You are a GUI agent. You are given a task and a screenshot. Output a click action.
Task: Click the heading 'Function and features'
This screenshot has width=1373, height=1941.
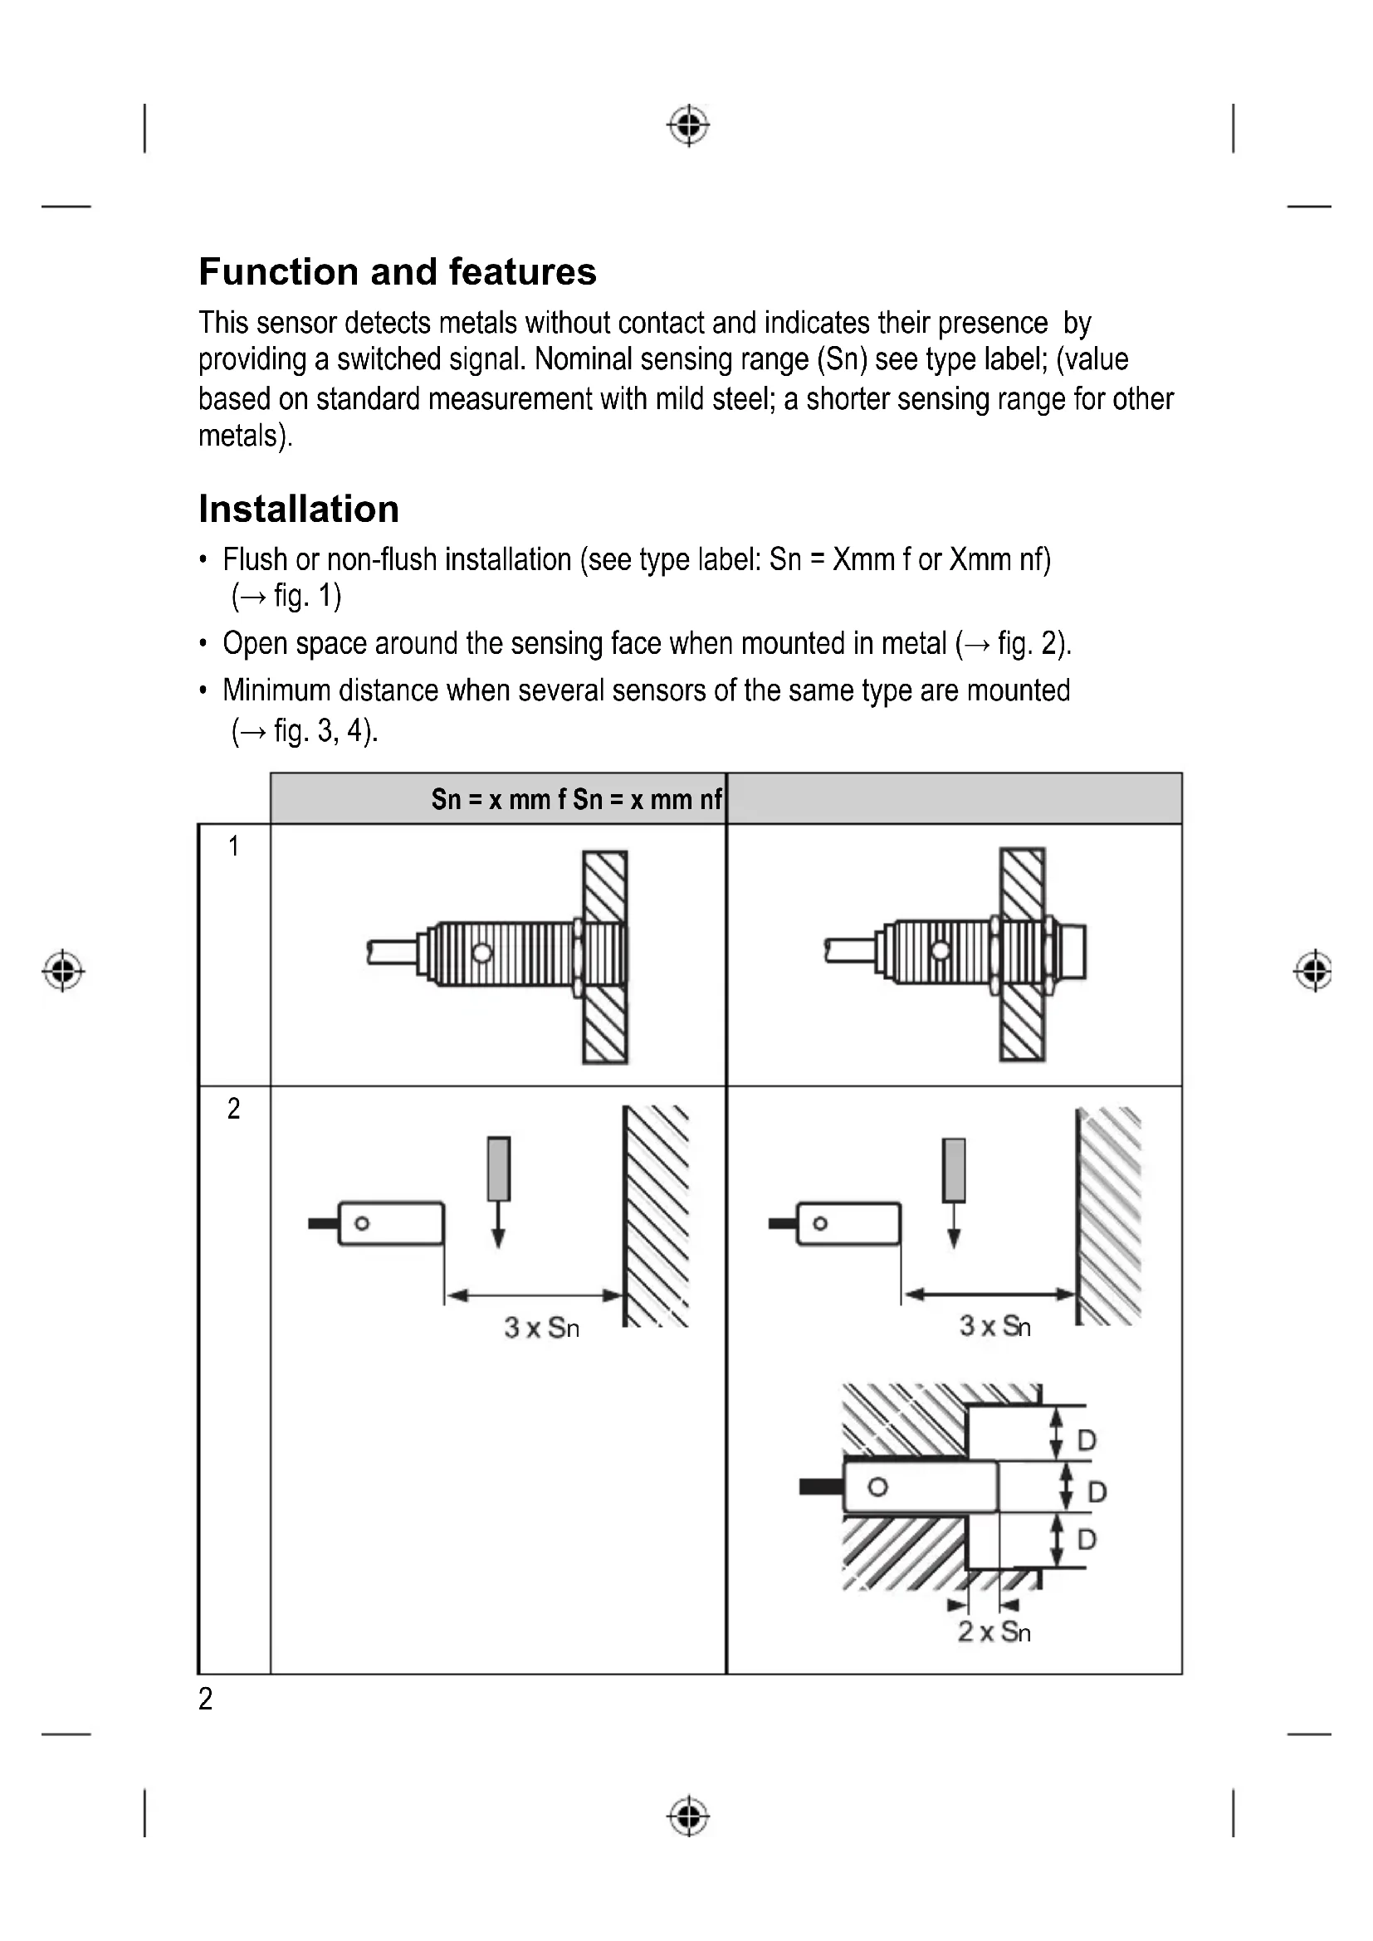398,272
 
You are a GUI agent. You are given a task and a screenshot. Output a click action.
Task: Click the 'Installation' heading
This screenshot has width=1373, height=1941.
299,510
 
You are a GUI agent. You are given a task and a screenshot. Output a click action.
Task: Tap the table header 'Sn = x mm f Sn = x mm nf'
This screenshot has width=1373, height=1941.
577,799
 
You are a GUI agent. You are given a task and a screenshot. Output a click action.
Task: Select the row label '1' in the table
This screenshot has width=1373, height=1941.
233,846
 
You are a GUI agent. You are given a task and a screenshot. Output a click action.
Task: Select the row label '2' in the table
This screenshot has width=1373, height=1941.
233,1109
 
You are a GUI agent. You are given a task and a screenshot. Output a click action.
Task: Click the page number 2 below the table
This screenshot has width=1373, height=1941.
205,1700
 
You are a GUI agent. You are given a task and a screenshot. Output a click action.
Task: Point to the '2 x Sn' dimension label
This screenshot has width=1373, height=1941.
994,1631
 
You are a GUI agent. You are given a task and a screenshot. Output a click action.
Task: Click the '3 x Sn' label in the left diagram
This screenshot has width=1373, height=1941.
542,1327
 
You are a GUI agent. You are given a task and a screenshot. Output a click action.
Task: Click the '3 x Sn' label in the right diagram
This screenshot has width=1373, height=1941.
995,1325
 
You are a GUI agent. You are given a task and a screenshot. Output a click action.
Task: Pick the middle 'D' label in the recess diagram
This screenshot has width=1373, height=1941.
1097,1491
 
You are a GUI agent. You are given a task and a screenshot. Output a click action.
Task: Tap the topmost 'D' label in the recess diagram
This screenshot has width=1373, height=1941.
1087,1440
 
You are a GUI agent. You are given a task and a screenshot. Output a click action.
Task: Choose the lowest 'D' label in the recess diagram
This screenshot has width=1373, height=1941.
1087,1539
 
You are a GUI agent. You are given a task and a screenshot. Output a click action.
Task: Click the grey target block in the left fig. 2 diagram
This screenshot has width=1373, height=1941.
499,1169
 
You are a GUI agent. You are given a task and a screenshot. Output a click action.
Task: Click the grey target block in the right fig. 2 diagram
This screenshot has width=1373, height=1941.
954,1170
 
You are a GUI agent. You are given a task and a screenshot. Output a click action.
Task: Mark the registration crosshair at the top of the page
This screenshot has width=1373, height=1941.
689,126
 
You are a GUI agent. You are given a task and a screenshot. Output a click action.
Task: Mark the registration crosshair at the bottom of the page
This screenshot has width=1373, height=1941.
689,1816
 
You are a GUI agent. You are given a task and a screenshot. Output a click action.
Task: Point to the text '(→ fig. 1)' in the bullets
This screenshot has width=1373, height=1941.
286,597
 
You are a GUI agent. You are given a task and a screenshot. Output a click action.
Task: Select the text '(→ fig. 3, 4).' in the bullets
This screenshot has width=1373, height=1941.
305,730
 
